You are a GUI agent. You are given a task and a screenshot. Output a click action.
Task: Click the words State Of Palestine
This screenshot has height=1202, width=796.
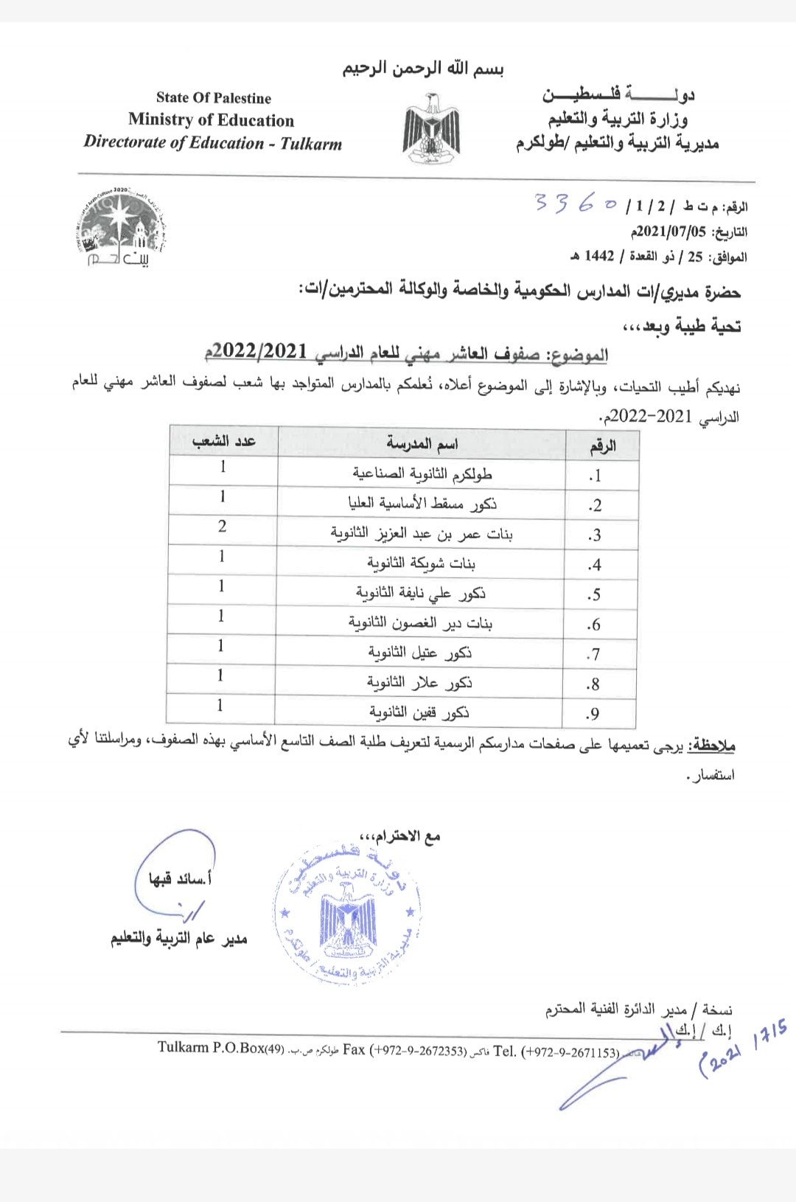coord(214,98)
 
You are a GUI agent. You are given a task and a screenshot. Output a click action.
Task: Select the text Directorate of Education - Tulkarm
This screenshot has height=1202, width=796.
coord(213,142)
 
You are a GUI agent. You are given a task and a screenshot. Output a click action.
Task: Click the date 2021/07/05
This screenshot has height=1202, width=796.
coord(668,232)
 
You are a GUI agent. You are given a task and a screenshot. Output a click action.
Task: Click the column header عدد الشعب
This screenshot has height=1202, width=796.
coord(223,441)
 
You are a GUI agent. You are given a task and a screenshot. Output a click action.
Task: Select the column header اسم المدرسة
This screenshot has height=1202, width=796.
coord(422,443)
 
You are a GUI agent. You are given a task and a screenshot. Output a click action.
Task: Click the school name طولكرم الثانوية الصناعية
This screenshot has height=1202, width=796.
coord(422,473)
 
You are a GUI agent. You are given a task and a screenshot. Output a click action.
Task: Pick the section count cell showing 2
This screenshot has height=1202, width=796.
coord(222,527)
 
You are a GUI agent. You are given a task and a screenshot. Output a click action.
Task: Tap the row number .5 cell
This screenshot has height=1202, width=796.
coord(594,594)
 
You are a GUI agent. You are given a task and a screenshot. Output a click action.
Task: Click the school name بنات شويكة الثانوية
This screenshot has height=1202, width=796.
coord(421,564)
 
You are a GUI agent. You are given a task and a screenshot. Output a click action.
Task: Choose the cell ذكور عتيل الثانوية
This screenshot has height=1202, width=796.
coord(420,653)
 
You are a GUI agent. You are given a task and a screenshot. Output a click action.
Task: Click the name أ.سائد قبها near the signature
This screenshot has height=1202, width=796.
coord(180,879)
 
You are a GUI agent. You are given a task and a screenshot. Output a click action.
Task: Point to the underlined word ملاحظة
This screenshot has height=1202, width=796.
coord(711,746)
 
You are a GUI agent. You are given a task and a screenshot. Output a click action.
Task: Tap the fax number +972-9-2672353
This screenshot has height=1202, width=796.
coord(417,1050)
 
